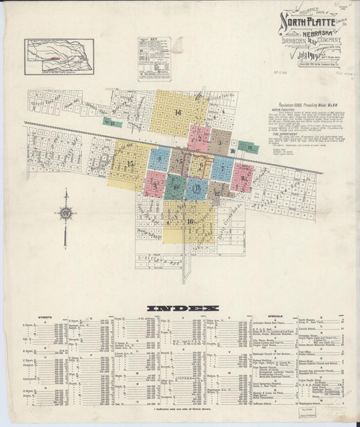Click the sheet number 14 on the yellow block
click(x=178, y=112)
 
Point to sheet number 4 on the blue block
click(x=159, y=160)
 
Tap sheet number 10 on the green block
click(x=175, y=186)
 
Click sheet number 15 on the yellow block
click(x=130, y=165)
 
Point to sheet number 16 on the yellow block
click(x=190, y=222)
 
